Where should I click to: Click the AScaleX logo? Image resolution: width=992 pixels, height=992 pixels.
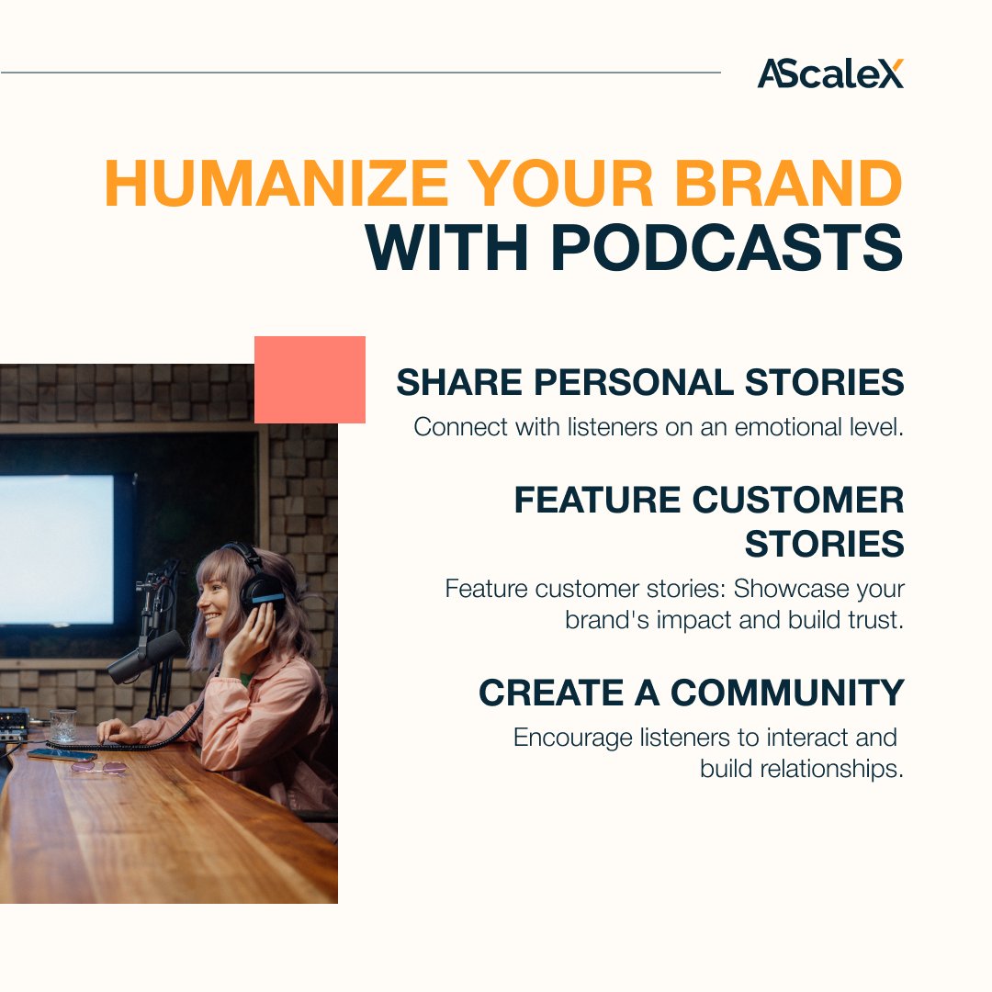tap(830, 73)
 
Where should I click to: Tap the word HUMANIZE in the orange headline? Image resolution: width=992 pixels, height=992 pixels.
tap(276, 184)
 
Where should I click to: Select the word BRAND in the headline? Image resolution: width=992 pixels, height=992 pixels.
tap(788, 184)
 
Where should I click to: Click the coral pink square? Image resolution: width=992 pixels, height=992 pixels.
tap(310, 379)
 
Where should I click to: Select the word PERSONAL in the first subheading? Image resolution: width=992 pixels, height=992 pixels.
tap(634, 382)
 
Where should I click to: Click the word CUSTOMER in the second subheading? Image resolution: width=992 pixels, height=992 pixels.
tap(798, 500)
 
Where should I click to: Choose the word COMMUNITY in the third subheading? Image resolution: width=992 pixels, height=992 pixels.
tap(787, 693)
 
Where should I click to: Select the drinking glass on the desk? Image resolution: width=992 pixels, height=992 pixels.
tap(63, 726)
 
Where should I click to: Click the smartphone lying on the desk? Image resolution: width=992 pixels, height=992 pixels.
tap(62, 755)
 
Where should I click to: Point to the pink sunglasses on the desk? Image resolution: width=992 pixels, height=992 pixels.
tap(98, 768)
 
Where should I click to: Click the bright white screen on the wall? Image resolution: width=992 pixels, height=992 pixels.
tap(57, 549)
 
